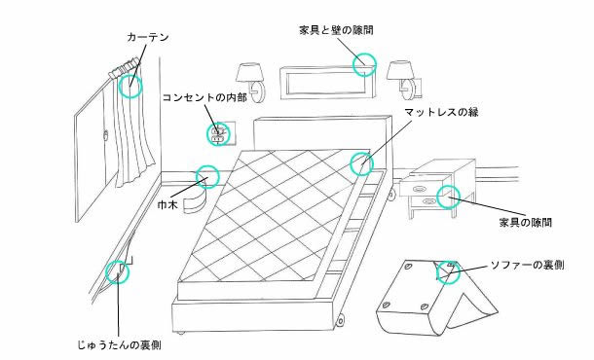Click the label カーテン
[148, 37]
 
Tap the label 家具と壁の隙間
[336, 30]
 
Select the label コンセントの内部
[204, 97]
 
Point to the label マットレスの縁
[441, 112]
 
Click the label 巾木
[167, 204]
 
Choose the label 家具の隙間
[526, 222]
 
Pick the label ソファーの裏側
[528, 265]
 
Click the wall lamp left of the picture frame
[252, 82]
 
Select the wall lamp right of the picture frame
[404, 80]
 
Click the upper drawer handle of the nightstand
[419, 189]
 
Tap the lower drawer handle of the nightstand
[428, 201]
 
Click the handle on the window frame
[106, 134]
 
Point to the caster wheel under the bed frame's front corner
[340, 320]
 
